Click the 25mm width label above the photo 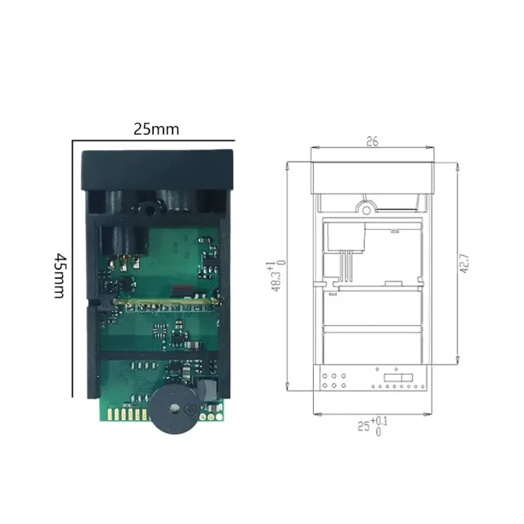pyautogui.click(x=156, y=129)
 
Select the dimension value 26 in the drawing pyautogui.click(x=371, y=141)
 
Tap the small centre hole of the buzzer pyautogui.click(x=174, y=408)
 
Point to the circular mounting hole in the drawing pyautogui.click(x=365, y=208)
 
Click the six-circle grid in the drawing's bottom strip pyautogui.click(x=335, y=382)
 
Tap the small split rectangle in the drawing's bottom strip pyautogui.click(x=394, y=378)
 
